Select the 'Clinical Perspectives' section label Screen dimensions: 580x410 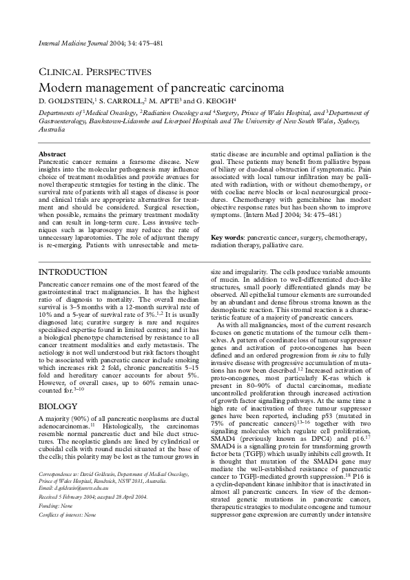[x=94, y=72]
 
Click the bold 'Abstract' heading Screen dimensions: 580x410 [x=52, y=154]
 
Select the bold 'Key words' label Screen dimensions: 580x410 [x=225, y=236]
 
